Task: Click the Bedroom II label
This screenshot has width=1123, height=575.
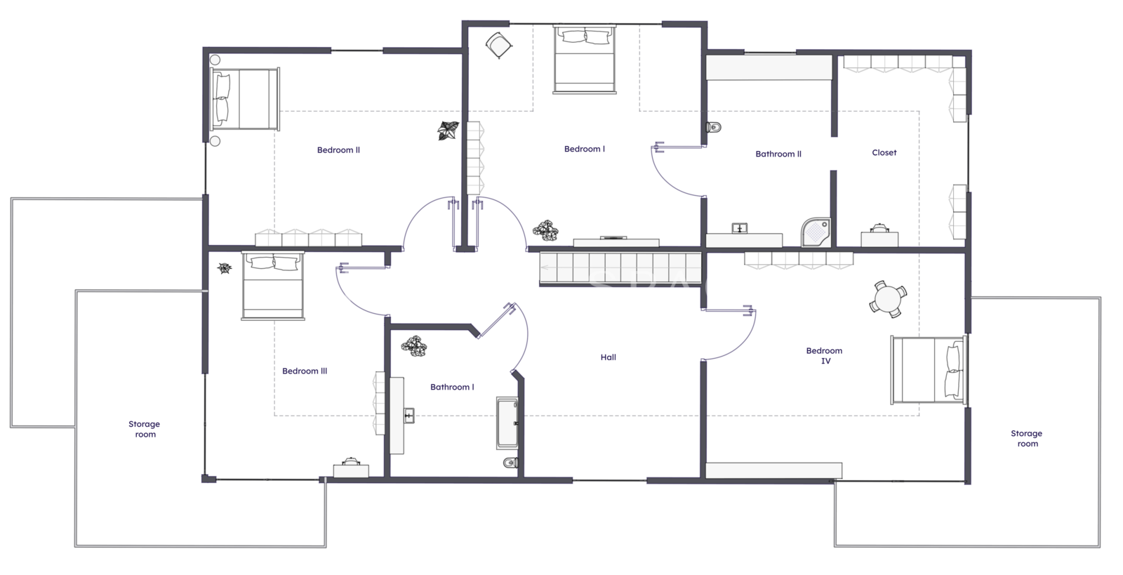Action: pos(338,150)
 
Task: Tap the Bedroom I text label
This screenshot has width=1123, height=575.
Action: pos(585,149)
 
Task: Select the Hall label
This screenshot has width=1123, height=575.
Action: pos(608,357)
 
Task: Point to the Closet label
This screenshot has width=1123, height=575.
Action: pos(884,152)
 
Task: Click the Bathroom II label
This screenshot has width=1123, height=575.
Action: pos(778,154)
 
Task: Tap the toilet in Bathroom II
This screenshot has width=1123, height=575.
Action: pos(713,127)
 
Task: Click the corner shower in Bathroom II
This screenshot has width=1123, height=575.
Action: pos(816,232)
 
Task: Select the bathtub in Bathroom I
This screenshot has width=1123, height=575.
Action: pos(507,423)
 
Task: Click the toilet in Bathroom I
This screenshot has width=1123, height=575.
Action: pos(511,462)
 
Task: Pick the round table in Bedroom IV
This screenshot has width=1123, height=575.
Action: pos(888,299)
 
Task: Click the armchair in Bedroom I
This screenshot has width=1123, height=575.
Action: pos(499,46)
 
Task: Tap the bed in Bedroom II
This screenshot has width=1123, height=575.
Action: pos(245,99)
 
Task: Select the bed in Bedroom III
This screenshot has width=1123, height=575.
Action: pos(273,285)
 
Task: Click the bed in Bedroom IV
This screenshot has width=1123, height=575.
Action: pos(929,370)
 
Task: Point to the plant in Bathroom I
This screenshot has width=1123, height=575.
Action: pos(414,346)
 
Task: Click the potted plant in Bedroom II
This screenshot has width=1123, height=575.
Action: pos(448,131)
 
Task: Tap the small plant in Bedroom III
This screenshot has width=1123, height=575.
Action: pos(225,268)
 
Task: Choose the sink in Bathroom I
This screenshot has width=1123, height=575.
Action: pos(409,416)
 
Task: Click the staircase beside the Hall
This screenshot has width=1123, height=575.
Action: pos(620,268)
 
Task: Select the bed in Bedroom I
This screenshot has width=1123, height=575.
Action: pos(585,59)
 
